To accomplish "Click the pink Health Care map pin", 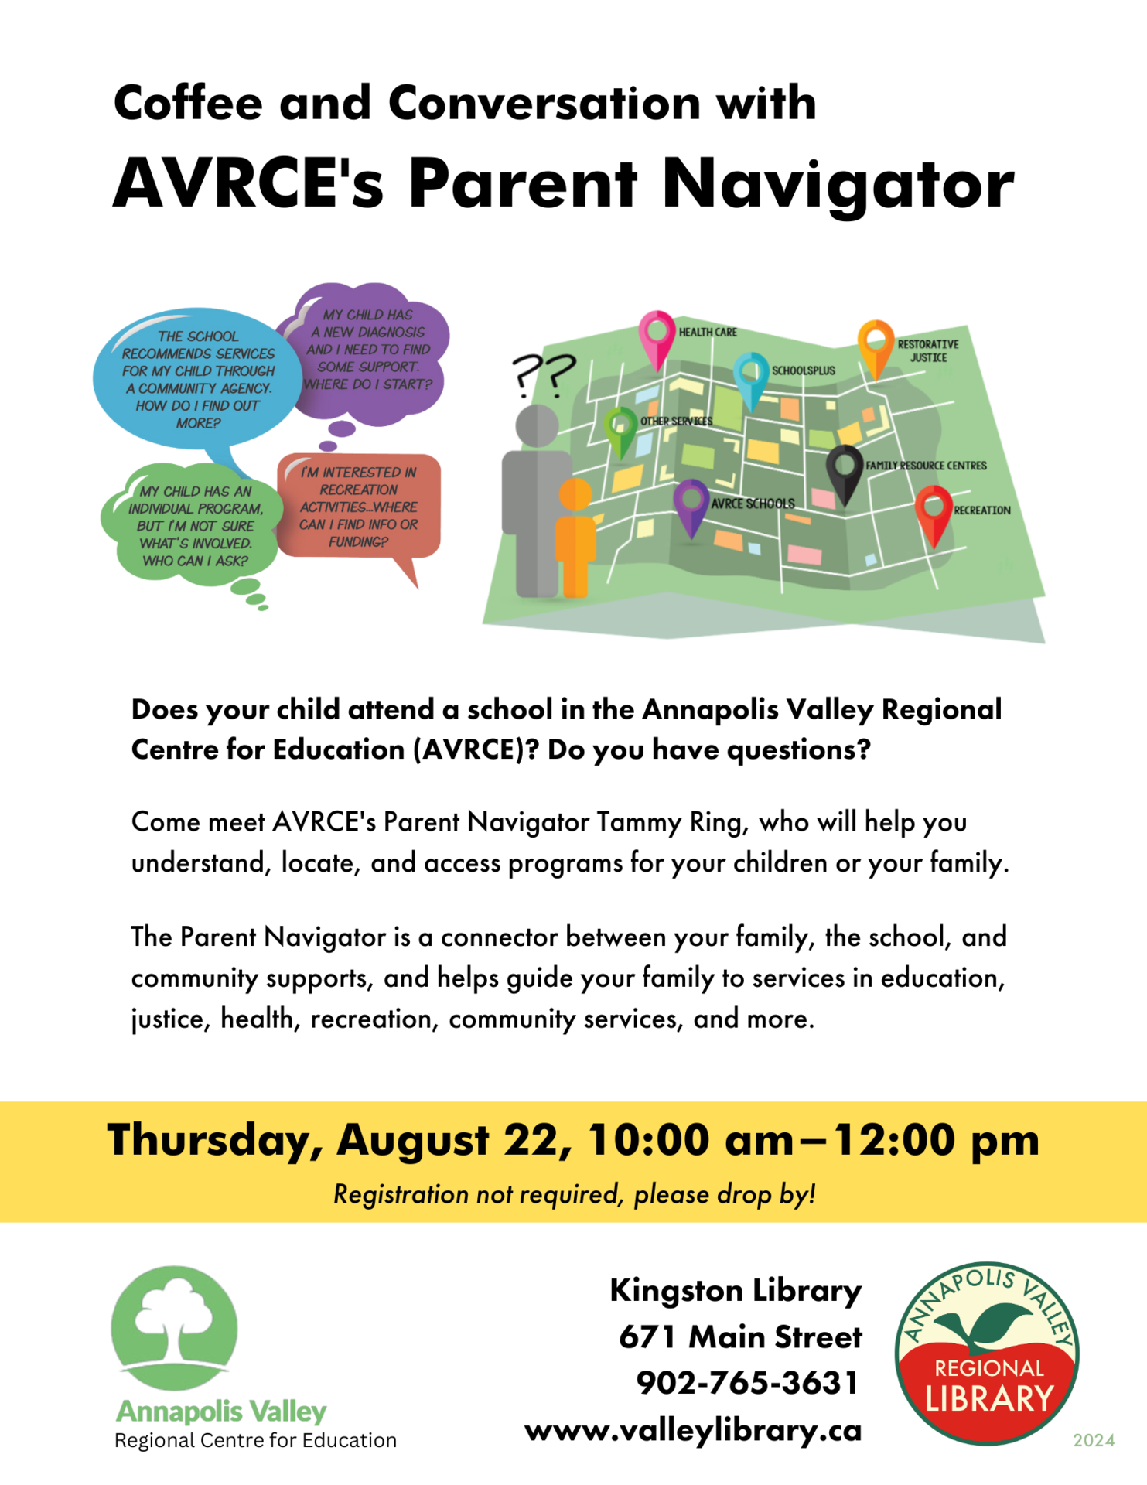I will tap(657, 336).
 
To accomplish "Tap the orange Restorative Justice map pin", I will tap(876, 346).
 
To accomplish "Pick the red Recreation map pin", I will tap(934, 513).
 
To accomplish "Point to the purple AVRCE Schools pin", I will tap(691, 505).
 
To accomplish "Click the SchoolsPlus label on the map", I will tap(803, 370).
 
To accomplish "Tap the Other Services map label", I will tap(676, 422).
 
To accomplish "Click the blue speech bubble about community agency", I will tap(197, 380).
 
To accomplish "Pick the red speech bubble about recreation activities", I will tap(359, 507).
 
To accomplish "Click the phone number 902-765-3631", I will tap(747, 1383).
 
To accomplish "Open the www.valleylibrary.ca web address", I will tap(693, 1430).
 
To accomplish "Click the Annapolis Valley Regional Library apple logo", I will tap(987, 1354).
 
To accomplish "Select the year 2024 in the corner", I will tap(1094, 1440).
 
